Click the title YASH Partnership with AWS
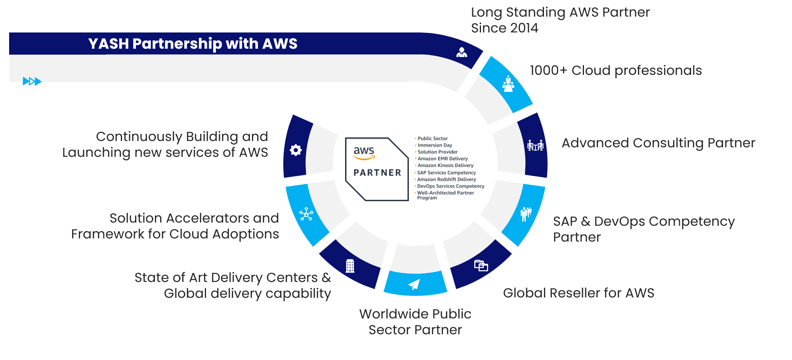pyautogui.click(x=193, y=44)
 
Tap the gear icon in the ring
pyautogui.click(x=296, y=150)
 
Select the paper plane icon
pyautogui.click(x=414, y=284)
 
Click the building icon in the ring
pyautogui.click(x=350, y=266)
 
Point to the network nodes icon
pyautogui.click(x=306, y=214)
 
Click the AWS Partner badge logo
pyautogui.click(x=376, y=169)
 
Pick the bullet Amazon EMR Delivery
pyautogui.click(x=442, y=158)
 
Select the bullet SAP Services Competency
pyautogui.click(x=446, y=173)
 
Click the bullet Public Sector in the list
pyautogui.click(x=432, y=138)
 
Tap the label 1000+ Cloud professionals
pyautogui.click(x=616, y=70)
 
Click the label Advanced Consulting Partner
pyautogui.click(x=658, y=143)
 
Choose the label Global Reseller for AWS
pyautogui.click(x=578, y=293)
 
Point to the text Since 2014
pyautogui.click(x=504, y=28)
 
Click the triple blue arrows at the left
pyautogui.click(x=32, y=81)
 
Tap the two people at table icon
pyautogui.click(x=535, y=145)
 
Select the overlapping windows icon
pyautogui.click(x=481, y=265)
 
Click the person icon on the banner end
pyautogui.click(x=462, y=52)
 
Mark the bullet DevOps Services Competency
pyautogui.click(x=450, y=186)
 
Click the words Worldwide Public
pyautogui.click(x=415, y=314)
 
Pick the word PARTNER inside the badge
pyautogui.click(x=377, y=173)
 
